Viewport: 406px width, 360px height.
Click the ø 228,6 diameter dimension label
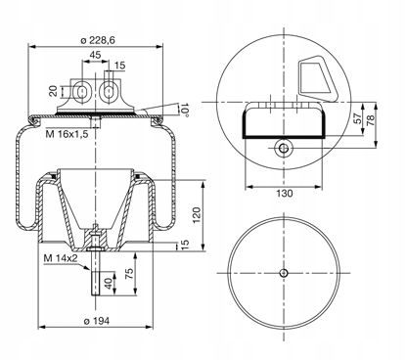click(x=98, y=40)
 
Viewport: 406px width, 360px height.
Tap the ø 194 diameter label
click(x=97, y=321)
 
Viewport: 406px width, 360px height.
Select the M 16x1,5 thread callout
click(x=67, y=134)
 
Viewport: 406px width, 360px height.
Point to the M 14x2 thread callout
click(x=61, y=258)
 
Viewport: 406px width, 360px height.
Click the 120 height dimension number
click(x=197, y=215)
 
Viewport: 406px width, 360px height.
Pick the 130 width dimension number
click(x=285, y=194)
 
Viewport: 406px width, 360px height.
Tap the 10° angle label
click(x=185, y=110)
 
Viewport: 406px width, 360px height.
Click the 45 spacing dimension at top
click(x=95, y=55)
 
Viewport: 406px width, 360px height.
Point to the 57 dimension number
click(x=358, y=117)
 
